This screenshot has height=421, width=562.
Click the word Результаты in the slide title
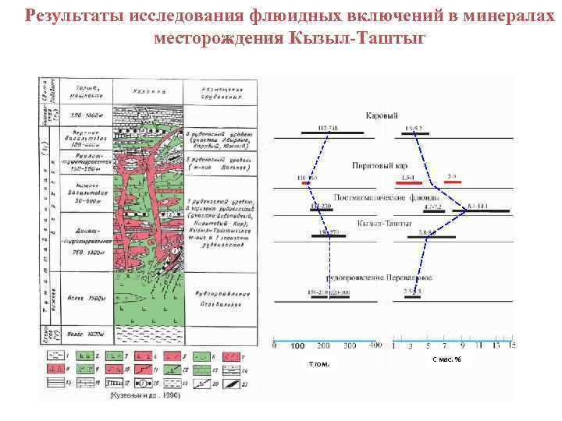[x=66, y=16]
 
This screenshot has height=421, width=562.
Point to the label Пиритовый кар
[x=379, y=165]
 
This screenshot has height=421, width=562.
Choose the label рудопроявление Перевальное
[x=380, y=278]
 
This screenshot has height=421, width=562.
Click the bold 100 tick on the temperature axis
[x=297, y=345]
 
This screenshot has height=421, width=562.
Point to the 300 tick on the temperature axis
[x=350, y=345]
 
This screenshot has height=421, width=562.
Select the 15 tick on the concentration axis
[x=512, y=345]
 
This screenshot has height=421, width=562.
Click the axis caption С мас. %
[x=446, y=359]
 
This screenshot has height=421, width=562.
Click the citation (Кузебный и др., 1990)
[x=146, y=395]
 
